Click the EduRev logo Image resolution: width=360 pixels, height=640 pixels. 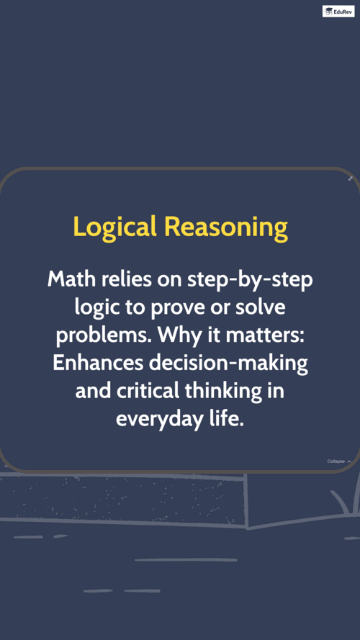(338, 11)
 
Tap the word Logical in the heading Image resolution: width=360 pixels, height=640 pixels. (114, 227)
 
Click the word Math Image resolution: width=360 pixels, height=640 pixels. (72, 279)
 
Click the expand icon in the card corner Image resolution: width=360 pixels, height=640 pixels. (350, 179)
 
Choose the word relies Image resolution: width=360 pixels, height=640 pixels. (127, 279)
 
